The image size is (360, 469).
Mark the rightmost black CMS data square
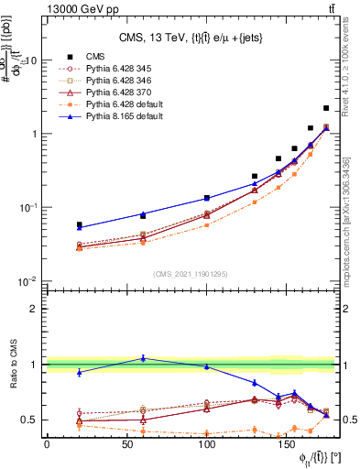coord(326,108)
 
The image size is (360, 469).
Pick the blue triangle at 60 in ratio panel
coord(143,358)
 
